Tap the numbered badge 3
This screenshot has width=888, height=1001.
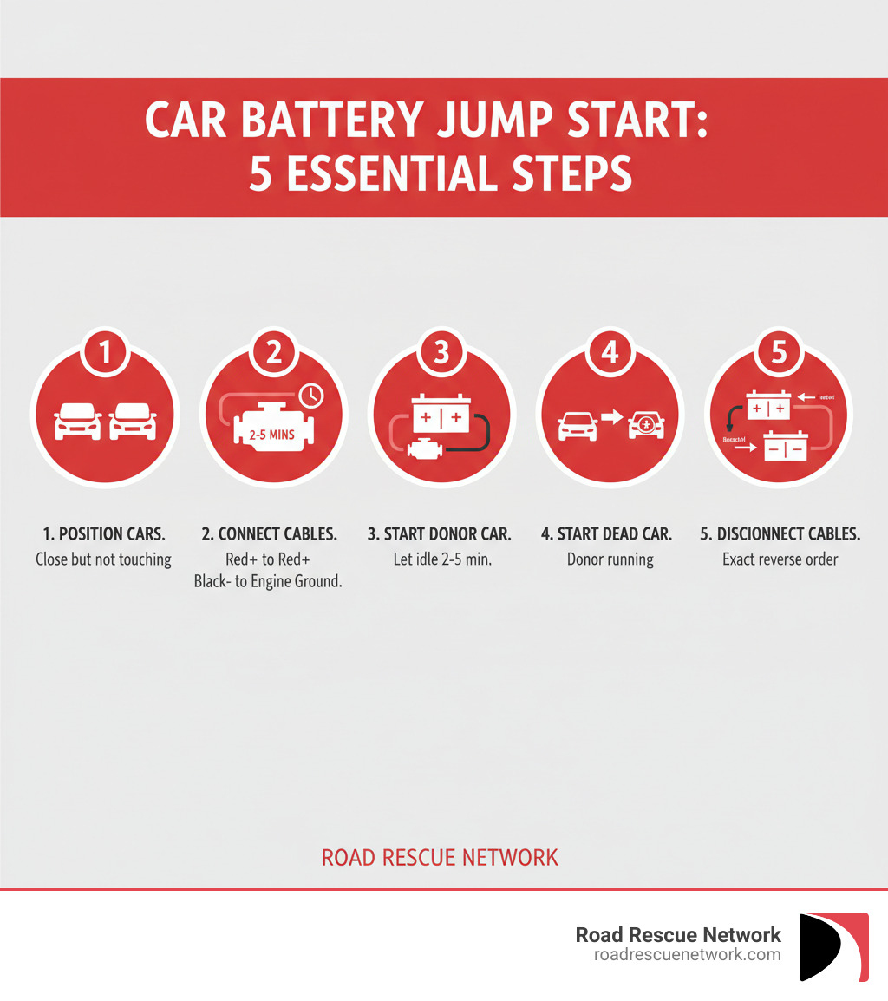click(x=441, y=353)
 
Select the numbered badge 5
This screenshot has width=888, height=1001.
click(x=778, y=353)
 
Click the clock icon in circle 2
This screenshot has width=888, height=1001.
click(x=310, y=396)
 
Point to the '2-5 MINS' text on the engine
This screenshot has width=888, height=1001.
click(x=272, y=434)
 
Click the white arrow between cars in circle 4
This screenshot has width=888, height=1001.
click(x=612, y=417)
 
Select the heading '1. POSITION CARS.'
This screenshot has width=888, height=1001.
click(x=103, y=534)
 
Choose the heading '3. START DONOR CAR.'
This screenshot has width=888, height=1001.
click(x=441, y=534)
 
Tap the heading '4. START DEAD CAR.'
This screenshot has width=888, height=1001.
click(x=606, y=534)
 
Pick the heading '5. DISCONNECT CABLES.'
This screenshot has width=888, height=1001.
click(x=780, y=534)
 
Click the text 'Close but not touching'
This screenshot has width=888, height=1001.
click(x=103, y=559)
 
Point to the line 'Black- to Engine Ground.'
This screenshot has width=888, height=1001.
click(x=267, y=582)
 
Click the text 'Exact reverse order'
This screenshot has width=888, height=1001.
click(x=780, y=559)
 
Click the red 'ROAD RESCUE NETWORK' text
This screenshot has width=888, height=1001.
click(x=440, y=858)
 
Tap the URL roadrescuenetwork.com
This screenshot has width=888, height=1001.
click(x=687, y=954)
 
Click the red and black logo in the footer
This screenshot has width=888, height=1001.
click(x=833, y=946)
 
